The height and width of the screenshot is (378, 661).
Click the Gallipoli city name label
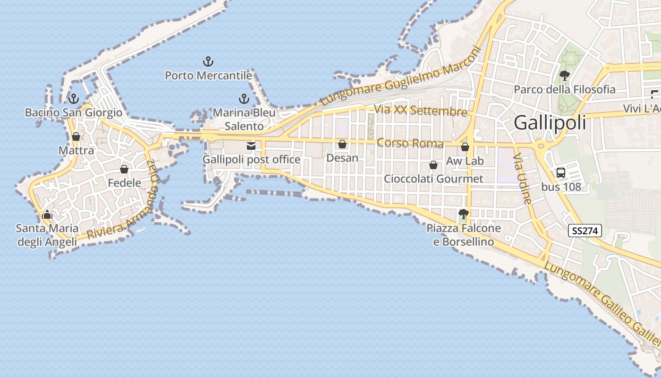click(x=550, y=122)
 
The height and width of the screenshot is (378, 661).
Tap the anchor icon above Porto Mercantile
click(x=208, y=61)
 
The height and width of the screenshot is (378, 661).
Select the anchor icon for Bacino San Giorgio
click(x=73, y=99)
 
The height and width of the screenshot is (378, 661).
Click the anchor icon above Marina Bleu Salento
click(x=244, y=99)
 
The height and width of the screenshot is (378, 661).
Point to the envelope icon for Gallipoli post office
click(x=251, y=146)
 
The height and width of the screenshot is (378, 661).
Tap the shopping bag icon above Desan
click(x=342, y=144)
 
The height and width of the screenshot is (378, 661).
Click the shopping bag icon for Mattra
click(x=76, y=137)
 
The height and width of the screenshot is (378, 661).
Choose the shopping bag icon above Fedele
click(x=124, y=169)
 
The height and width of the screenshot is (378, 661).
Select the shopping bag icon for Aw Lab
click(x=465, y=147)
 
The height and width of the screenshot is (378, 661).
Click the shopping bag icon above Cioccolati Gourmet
click(x=433, y=165)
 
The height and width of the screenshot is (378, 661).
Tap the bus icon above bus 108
click(x=561, y=173)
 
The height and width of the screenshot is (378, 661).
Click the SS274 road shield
click(x=585, y=231)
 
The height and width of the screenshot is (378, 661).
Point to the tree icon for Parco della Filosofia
click(x=564, y=75)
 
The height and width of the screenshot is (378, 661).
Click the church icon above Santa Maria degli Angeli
click(x=47, y=215)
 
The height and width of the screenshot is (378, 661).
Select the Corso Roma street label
click(x=410, y=143)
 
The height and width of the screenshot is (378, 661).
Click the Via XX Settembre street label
click(x=420, y=111)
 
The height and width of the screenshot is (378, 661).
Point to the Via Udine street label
click(x=523, y=178)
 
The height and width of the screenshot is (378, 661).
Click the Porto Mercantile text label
click(x=208, y=76)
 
